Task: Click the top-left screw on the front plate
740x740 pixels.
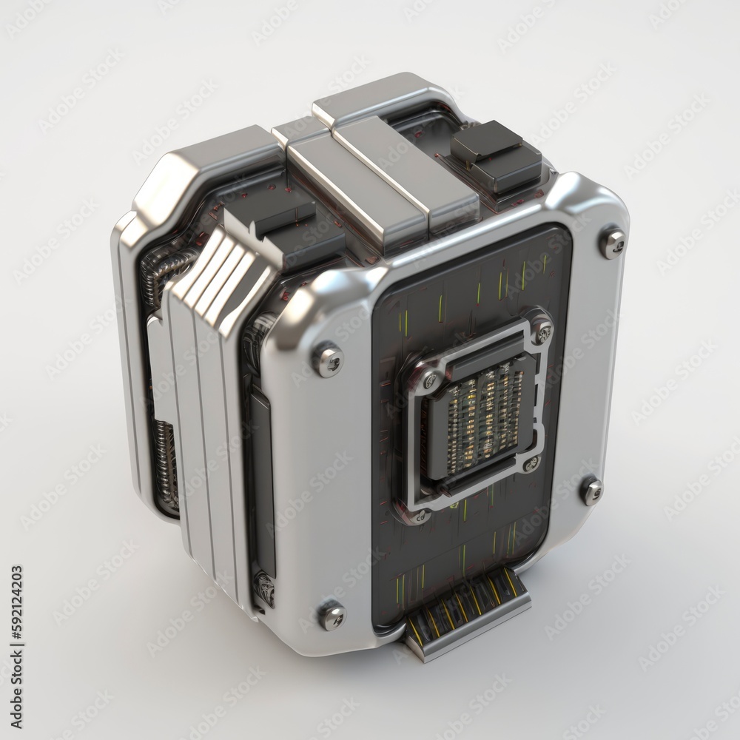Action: click(x=328, y=360)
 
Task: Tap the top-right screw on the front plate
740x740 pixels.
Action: click(x=613, y=243)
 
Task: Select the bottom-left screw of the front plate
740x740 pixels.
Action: click(x=332, y=615)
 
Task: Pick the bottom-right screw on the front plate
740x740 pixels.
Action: click(x=591, y=491)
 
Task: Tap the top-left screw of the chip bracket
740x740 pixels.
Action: click(x=428, y=380)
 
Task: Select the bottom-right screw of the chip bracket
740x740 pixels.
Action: click(x=531, y=464)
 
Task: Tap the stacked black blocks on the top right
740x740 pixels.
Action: click(x=496, y=156)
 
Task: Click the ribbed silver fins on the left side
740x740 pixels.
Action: click(x=222, y=281)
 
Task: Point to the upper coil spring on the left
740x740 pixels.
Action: click(x=166, y=270)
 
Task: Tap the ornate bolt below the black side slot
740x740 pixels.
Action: click(x=263, y=589)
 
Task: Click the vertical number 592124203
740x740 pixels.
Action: click(x=16, y=628)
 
